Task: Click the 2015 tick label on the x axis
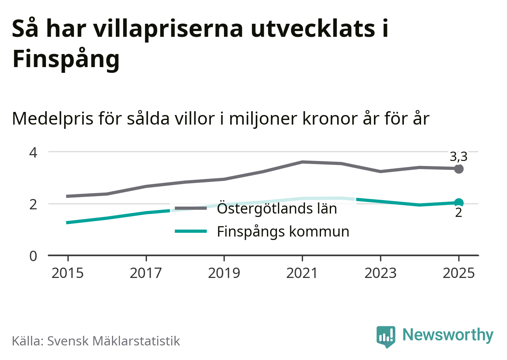[x=67, y=273]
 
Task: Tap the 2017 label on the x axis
[x=146, y=273]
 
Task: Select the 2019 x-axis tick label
[x=224, y=273]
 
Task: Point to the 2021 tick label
[x=302, y=273]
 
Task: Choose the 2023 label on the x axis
[x=380, y=273]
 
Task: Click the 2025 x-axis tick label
[x=459, y=273]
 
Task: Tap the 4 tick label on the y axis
[x=33, y=152]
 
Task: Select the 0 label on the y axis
[x=33, y=256]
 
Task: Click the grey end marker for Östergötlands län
[x=459, y=169]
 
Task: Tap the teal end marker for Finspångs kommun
[x=459, y=203]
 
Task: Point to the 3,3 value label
[x=458, y=157]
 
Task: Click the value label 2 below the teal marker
[x=459, y=212]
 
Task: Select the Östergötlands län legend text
[x=277, y=209]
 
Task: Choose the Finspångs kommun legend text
[x=283, y=232]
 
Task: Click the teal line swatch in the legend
[x=191, y=231]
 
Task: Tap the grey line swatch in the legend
[x=191, y=208]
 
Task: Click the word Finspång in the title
[x=66, y=59]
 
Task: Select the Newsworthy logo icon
[x=385, y=337]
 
